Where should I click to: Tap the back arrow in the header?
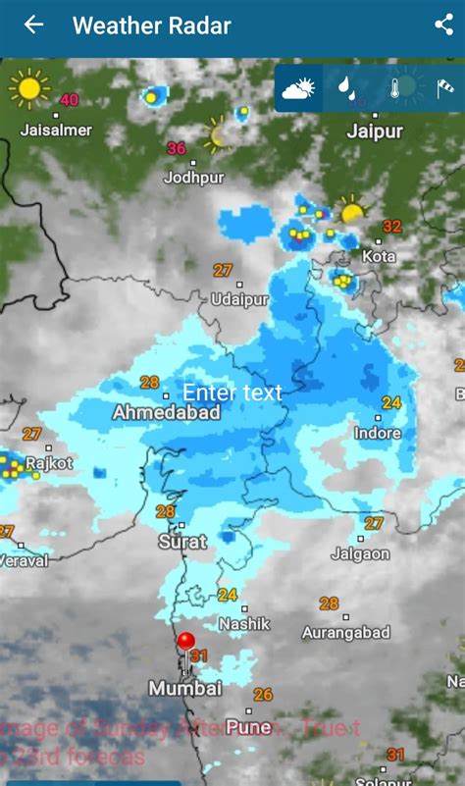[x=33, y=25]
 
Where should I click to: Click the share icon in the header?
[x=443, y=25]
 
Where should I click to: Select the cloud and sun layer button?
[x=298, y=89]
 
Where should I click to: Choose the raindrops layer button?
[x=346, y=89]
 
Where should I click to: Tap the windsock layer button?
[x=444, y=89]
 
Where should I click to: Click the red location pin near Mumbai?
[x=185, y=643]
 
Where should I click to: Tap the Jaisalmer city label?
[x=56, y=130]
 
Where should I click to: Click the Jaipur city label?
[x=375, y=131]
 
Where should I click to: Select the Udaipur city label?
[x=239, y=298]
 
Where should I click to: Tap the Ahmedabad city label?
[x=166, y=413]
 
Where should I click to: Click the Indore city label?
[x=378, y=433]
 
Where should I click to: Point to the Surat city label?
[x=182, y=542]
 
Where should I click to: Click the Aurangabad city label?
[x=346, y=633]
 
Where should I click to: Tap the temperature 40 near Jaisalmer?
[x=69, y=99]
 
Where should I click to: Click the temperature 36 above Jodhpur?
[x=176, y=148]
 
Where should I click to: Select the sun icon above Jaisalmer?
[x=28, y=88]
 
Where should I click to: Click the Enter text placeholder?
[x=232, y=393]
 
